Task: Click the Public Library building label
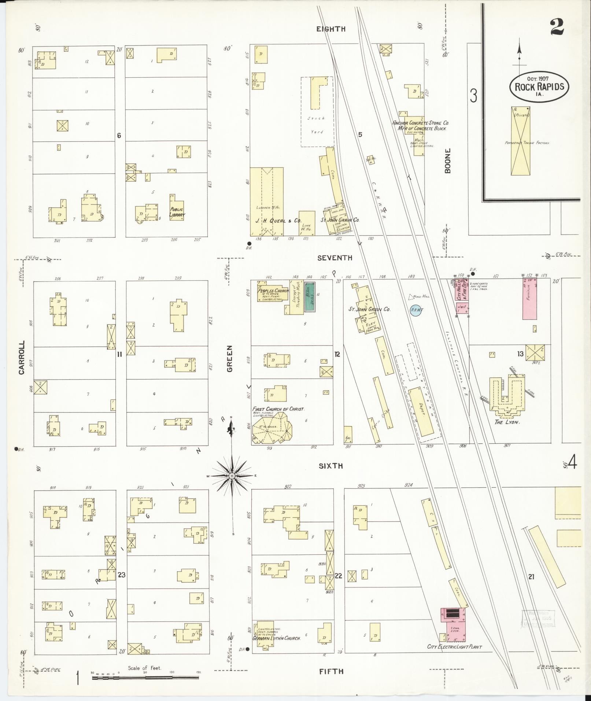177,212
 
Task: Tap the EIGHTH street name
331,29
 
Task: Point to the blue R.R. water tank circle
417,310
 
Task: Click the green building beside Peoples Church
310,297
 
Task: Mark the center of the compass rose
232,476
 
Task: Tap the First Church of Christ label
278,409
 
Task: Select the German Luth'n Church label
277,638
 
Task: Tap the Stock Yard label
317,125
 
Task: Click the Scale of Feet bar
145,678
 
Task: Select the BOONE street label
447,161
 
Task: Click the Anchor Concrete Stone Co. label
420,123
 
